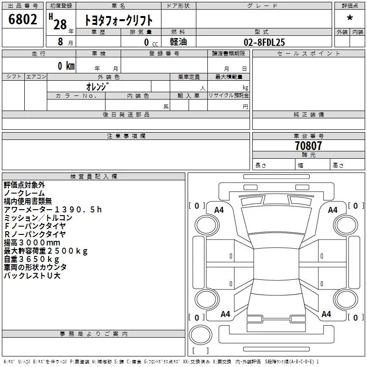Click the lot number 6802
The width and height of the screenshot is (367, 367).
(x=22, y=19)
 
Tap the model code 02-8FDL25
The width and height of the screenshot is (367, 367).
(x=264, y=42)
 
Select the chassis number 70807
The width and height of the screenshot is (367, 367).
(x=308, y=145)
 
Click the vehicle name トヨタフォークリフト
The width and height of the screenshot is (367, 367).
(x=118, y=20)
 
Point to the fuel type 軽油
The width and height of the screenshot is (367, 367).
(x=178, y=42)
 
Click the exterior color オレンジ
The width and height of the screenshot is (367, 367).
(x=98, y=87)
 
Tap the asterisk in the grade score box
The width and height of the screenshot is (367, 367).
(x=350, y=17)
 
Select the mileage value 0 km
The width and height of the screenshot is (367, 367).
(x=66, y=66)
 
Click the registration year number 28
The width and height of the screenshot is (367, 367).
(x=60, y=24)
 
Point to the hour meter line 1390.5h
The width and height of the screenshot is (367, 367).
(x=53, y=210)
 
